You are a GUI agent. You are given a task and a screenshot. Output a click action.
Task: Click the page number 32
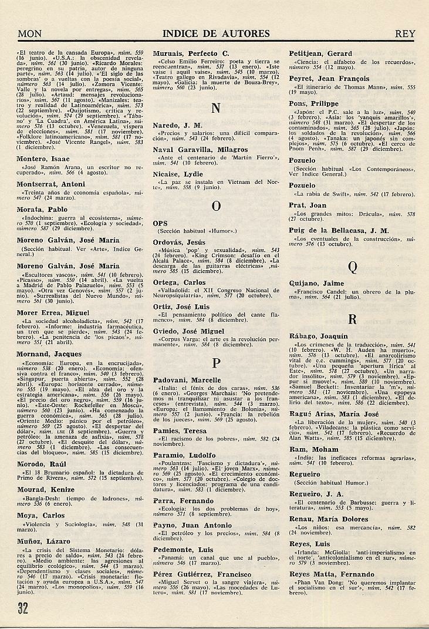click(23, 607)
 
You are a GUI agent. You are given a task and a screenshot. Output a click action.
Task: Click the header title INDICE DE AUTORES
click(215, 34)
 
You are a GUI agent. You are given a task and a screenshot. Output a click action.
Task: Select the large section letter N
click(215, 108)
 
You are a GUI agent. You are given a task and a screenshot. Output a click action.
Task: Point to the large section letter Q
click(352, 268)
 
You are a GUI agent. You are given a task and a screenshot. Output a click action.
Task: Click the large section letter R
click(352, 319)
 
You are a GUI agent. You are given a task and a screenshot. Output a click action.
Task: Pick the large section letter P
click(215, 362)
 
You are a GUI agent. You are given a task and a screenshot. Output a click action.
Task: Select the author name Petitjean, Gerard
click(320, 53)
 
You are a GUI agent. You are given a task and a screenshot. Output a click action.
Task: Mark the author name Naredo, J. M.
click(177, 125)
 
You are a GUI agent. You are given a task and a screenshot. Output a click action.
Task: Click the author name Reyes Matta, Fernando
click(332, 574)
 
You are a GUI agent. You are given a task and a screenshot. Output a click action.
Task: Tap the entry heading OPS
click(160, 223)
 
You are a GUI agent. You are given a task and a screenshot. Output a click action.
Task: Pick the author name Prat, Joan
click(308, 205)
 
